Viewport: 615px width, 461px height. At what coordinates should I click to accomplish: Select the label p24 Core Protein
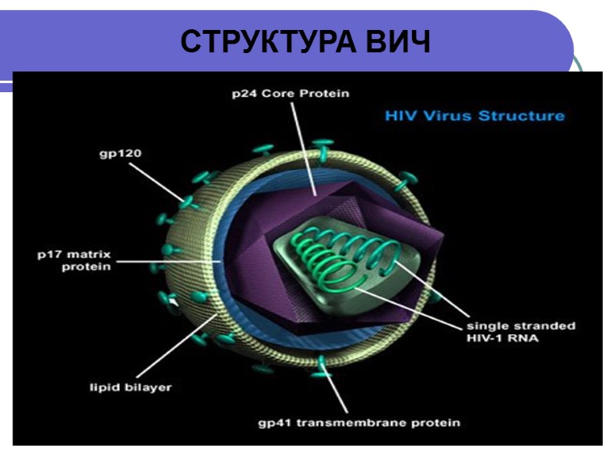[x=291, y=94]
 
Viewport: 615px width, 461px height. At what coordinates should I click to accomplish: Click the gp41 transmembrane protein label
[x=358, y=422]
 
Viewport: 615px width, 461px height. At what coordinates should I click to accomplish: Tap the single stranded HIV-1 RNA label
[x=521, y=332]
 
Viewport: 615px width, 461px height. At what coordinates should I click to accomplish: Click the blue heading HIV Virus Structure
[x=474, y=116]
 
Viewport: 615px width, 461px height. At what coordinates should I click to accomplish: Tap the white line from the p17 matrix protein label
[x=169, y=261]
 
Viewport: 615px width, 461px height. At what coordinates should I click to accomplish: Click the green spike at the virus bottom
[x=322, y=363]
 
